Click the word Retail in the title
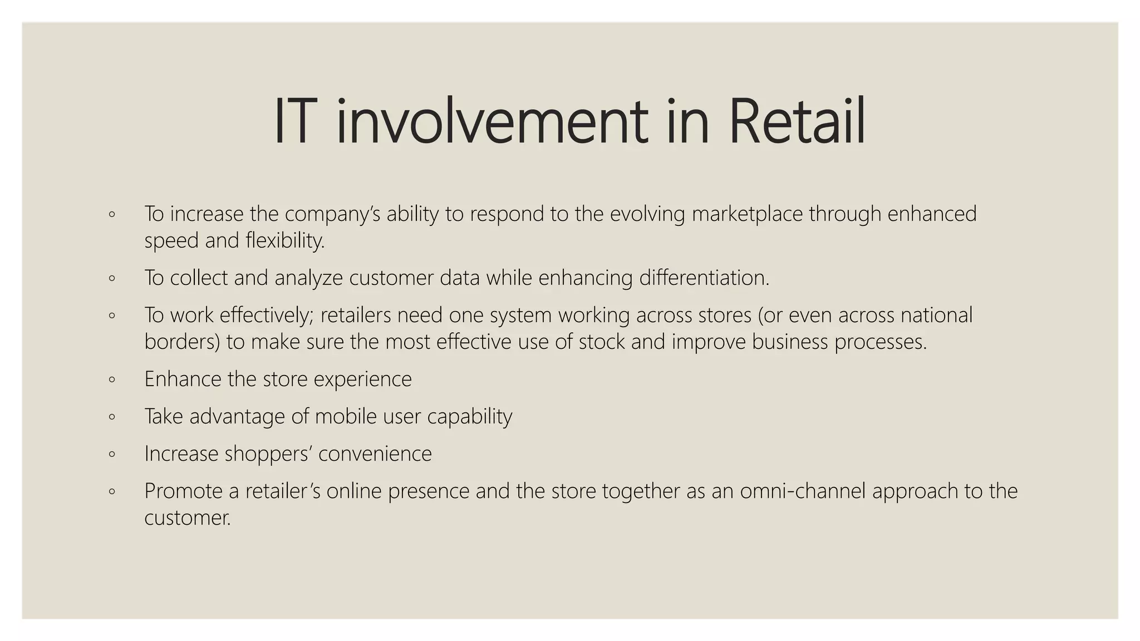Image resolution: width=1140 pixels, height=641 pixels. tap(797, 122)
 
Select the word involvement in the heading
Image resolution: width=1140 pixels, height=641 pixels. tap(492, 122)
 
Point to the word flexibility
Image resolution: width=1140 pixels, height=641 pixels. tap(285, 241)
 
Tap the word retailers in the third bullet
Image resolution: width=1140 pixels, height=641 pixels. tap(356, 315)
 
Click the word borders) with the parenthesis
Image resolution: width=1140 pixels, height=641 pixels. tap(182, 342)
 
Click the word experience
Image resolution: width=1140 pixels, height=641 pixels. tap(362, 379)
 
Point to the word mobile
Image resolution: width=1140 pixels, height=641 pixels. tap(346, 416)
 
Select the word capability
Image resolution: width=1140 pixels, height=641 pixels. tap(469, 417)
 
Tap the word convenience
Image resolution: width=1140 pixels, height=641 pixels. tap(375, 453)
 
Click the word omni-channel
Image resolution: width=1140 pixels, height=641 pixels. tap(803, 491)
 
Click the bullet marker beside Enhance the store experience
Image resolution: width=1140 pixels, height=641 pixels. tap(112, 380)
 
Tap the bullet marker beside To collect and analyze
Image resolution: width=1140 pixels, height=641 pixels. tap(112, 278)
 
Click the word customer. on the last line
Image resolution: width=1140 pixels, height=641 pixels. tap(187, 518)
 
